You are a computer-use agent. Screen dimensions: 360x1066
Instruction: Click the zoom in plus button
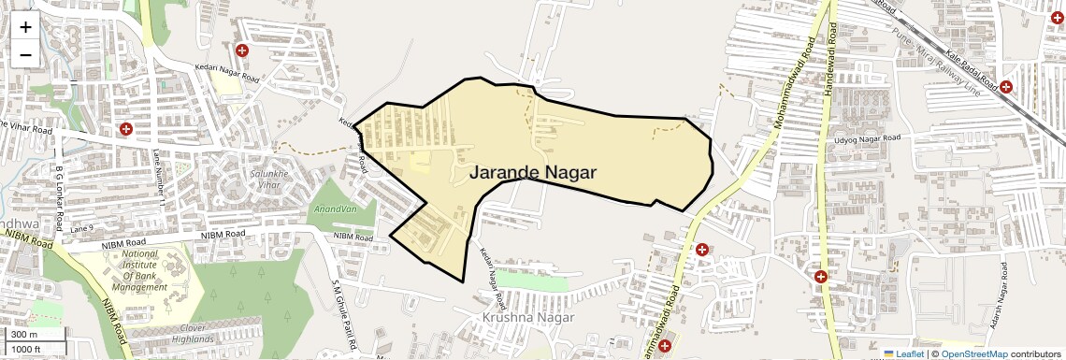pos(25,26)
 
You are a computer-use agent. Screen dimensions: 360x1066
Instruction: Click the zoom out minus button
pos(25,54)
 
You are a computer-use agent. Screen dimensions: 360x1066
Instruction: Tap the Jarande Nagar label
pos(532,173)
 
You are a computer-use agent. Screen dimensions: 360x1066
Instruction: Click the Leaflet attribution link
pos(903,354)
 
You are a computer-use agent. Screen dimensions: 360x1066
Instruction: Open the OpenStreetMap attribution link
pos(974,354)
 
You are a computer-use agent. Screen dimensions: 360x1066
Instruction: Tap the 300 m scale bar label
pos(25,335)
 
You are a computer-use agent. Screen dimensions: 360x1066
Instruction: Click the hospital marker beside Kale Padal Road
pos(1006,87)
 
